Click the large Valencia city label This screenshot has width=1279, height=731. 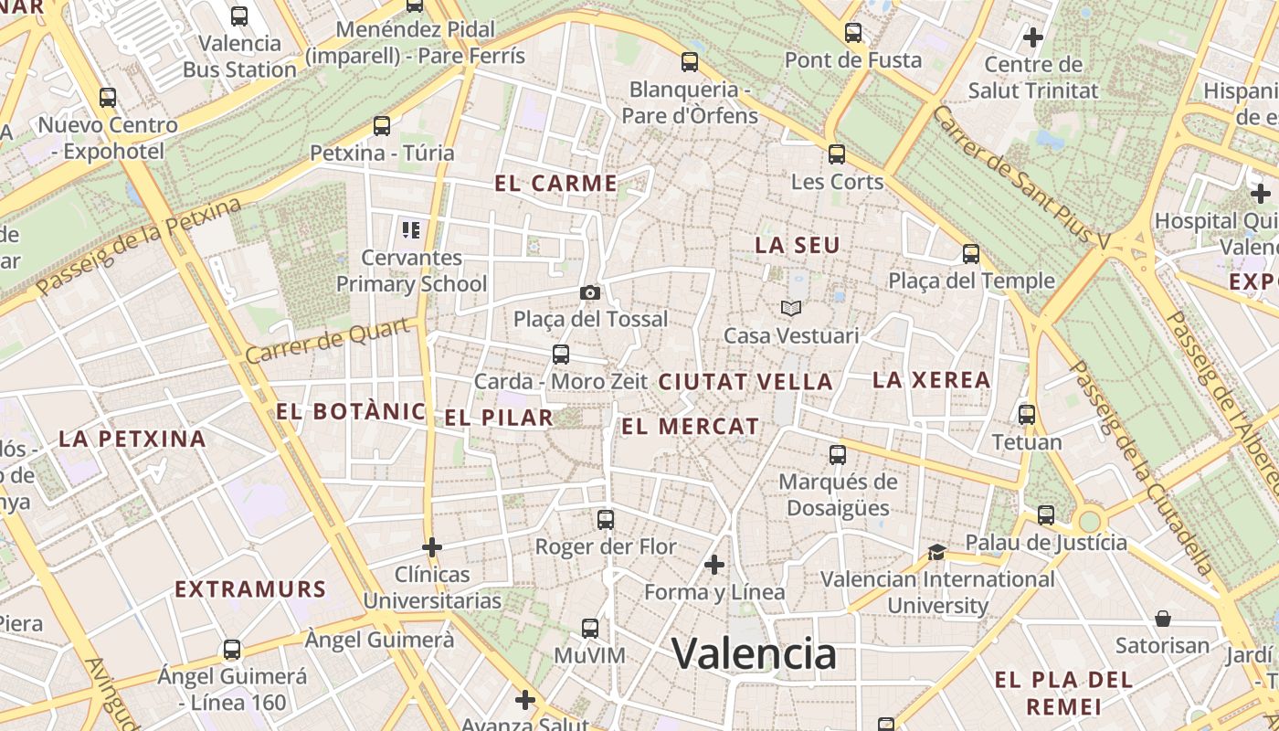point(754,653)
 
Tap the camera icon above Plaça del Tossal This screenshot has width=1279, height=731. point(590,292)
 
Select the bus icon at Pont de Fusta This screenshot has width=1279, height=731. point(853,33)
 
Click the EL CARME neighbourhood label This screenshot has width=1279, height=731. point(556,183)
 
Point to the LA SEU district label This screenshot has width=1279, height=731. point(797,245)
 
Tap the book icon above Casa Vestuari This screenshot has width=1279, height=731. point(790,309)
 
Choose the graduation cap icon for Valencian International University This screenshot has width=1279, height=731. point(936,551)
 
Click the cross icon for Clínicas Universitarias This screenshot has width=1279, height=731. point(432,547)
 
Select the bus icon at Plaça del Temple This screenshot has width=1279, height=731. point(971,253)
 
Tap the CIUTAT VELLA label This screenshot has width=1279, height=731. point(745,382)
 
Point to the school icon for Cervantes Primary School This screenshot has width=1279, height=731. point(410,229)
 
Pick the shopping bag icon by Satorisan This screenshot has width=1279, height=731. point(1163,619)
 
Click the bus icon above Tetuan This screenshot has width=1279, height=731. point(1027,415)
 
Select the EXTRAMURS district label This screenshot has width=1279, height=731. point(250,589)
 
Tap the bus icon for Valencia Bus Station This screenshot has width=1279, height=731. point(239,16)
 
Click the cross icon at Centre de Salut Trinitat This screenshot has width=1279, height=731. point(1033,37)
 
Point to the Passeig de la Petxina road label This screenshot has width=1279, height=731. point(139,246)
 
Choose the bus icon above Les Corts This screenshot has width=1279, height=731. point(837,154)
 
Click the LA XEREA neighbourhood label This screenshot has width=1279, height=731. point(931,379)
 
